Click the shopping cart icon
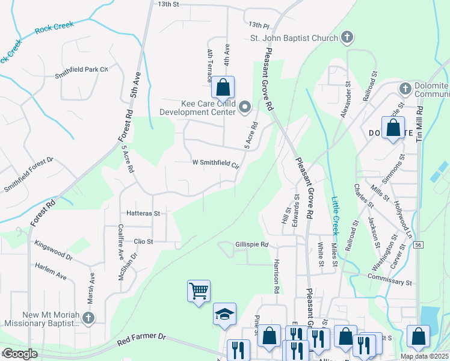pos(199,291)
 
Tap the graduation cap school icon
pos(224,314)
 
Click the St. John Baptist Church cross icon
pos(347,38)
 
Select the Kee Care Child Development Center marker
pos(245,108)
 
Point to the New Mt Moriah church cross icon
pos(88,317)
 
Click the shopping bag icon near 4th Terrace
pos(223,87)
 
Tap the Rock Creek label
pos(54,26)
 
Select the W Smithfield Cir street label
pos(215,163)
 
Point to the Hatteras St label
pos(143,213)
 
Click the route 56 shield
pos(417,244)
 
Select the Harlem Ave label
pos(51,269)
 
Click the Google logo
pos(20,354)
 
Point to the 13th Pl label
pos(259,25)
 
